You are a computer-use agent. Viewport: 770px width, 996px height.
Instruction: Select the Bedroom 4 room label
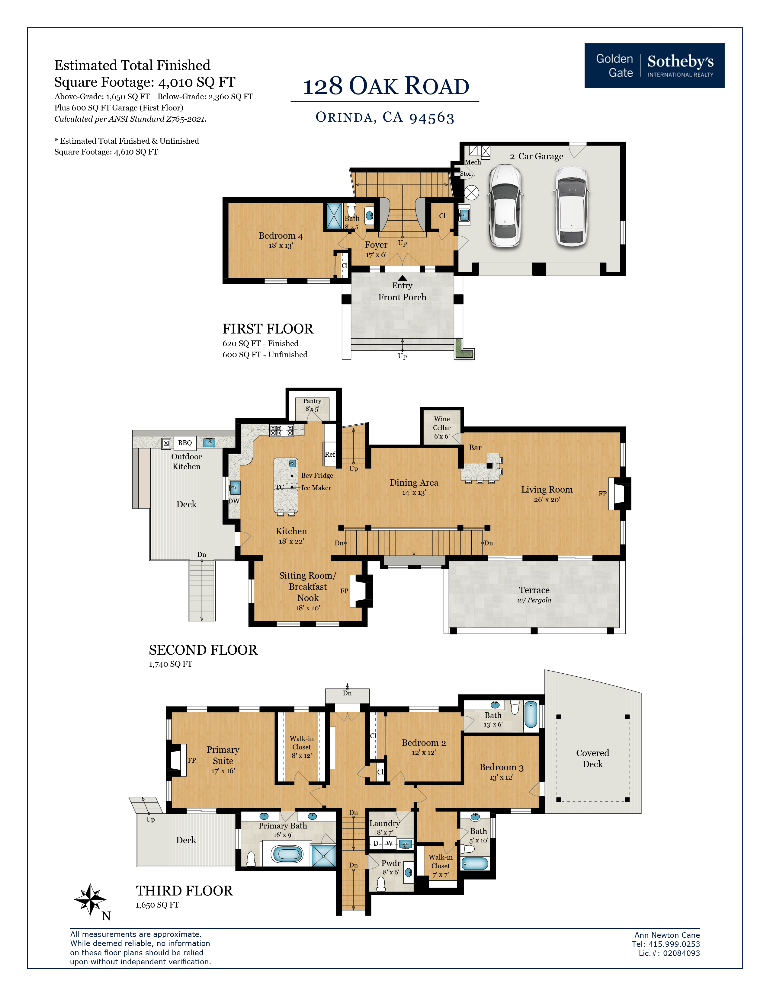click(x=281, y=236)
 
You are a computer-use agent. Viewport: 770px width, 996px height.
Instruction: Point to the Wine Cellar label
click(x=441, y=423)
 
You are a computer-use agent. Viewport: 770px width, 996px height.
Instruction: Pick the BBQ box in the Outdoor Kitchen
click(x=185, y=443)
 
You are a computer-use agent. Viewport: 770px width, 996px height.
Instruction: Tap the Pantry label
click(x=312, y=401)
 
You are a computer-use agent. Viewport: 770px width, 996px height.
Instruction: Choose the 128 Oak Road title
click(x=386, y=86)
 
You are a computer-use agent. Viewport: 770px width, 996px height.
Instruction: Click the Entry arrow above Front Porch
click(x=402, y=278)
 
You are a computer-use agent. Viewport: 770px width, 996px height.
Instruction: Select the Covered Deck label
click(x=592, y=758)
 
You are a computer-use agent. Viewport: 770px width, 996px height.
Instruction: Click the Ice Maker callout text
click(x=316, y=487)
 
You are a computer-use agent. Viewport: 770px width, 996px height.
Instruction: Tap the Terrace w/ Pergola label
click(x=534, y=595)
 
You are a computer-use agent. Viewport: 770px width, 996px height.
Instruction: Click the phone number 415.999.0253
click(x=674, y=944)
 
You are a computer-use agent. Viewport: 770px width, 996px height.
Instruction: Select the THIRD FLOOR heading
click(x=184, y=891)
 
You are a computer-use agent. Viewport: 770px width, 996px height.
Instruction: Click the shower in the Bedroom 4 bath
click(x=334, y=216)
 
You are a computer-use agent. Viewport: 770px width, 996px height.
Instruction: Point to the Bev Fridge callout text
click(x=317, y=475)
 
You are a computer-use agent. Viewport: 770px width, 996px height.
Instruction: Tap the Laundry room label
click(x=384, y=823)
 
